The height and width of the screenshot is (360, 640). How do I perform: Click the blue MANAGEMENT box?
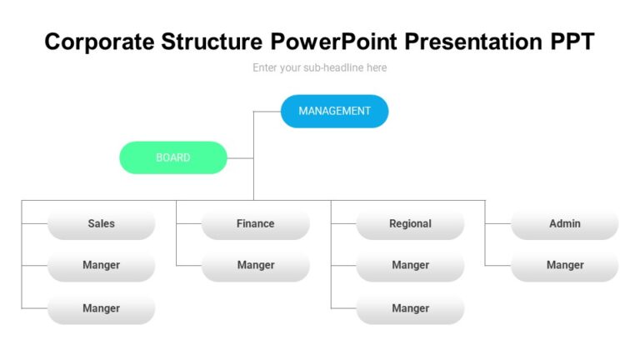334,111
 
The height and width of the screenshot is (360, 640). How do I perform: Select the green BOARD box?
173,157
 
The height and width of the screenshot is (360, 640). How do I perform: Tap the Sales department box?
101,223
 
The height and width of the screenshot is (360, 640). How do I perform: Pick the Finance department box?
255,223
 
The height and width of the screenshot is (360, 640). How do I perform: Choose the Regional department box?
410,223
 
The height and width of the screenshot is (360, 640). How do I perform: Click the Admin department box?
564,223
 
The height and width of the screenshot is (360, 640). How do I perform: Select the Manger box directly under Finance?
255,265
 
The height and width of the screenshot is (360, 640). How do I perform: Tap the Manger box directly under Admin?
564,265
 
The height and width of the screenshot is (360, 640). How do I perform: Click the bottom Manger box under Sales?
101,308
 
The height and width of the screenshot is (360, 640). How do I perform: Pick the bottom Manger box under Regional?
410,308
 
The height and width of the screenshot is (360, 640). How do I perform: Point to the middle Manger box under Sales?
101,265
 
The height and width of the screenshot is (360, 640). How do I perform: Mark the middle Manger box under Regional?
410,265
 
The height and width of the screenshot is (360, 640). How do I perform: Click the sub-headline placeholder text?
320,67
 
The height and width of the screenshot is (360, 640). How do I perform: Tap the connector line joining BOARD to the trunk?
240,157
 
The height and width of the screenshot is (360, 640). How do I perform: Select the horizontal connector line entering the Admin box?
497,223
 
